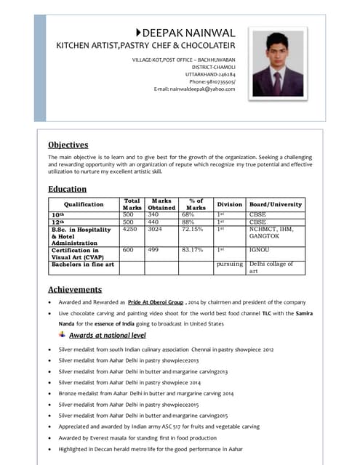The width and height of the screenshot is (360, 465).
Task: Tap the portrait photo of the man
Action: [278, 64]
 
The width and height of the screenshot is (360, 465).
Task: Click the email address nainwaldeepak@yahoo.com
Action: [195, 89]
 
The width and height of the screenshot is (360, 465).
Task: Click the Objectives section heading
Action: [68, 145]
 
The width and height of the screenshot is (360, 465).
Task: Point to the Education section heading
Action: [67, 189]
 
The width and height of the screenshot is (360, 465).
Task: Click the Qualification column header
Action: [84, 205]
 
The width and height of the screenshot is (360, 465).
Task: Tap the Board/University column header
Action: [275, 205]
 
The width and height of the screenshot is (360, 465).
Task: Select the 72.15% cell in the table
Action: [192, 229]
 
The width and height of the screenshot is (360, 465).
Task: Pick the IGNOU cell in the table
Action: [259, 250]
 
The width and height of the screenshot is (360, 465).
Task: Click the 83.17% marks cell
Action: [192, 250]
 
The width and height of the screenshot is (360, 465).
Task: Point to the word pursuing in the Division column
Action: [230, 264]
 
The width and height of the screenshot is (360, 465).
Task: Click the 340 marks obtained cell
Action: [153, 215]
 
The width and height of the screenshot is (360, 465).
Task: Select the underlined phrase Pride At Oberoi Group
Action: [155, 302]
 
